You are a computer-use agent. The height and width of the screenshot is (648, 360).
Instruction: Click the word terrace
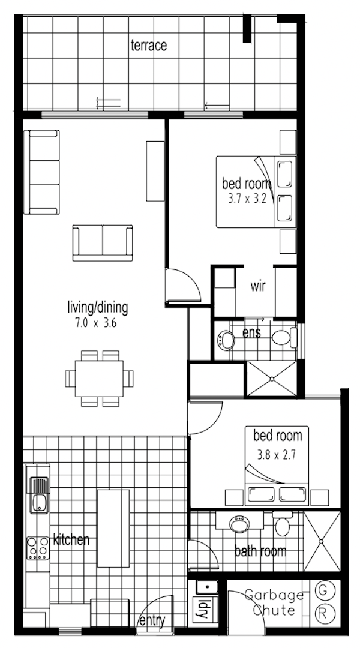149,45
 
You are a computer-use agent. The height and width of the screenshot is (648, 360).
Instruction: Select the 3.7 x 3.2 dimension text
247,199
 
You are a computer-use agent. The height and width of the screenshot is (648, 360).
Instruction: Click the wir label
258,286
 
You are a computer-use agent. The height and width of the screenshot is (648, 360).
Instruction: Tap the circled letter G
322,591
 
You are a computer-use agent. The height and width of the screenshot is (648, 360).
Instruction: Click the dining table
99,379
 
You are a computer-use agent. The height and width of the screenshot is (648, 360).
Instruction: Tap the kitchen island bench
113,528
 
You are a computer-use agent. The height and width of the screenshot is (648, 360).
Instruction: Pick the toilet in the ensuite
284,337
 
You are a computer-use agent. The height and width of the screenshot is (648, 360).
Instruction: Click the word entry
152,620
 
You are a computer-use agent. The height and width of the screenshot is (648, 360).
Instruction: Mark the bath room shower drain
322,541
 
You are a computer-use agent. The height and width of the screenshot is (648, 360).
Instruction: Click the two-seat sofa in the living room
103,243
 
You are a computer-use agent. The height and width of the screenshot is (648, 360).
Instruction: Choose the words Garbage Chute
274,602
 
